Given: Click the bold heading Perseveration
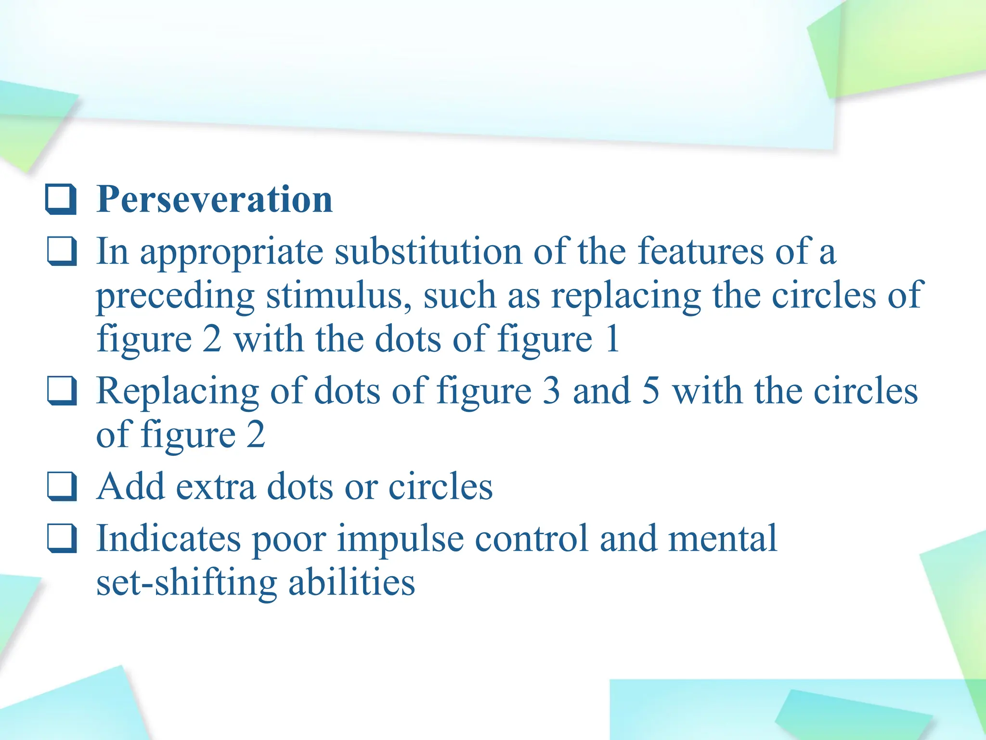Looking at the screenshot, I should (x=214, y=199).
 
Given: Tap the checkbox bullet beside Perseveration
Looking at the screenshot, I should (x=61, y=199).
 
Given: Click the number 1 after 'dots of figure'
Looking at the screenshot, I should (x=612, y=339).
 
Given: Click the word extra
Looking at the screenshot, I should (x=216, y=487).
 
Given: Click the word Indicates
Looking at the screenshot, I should (x=169, y=538).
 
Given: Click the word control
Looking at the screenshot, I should (x=532, y=538).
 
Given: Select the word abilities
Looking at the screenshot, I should (x=351, y=582).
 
